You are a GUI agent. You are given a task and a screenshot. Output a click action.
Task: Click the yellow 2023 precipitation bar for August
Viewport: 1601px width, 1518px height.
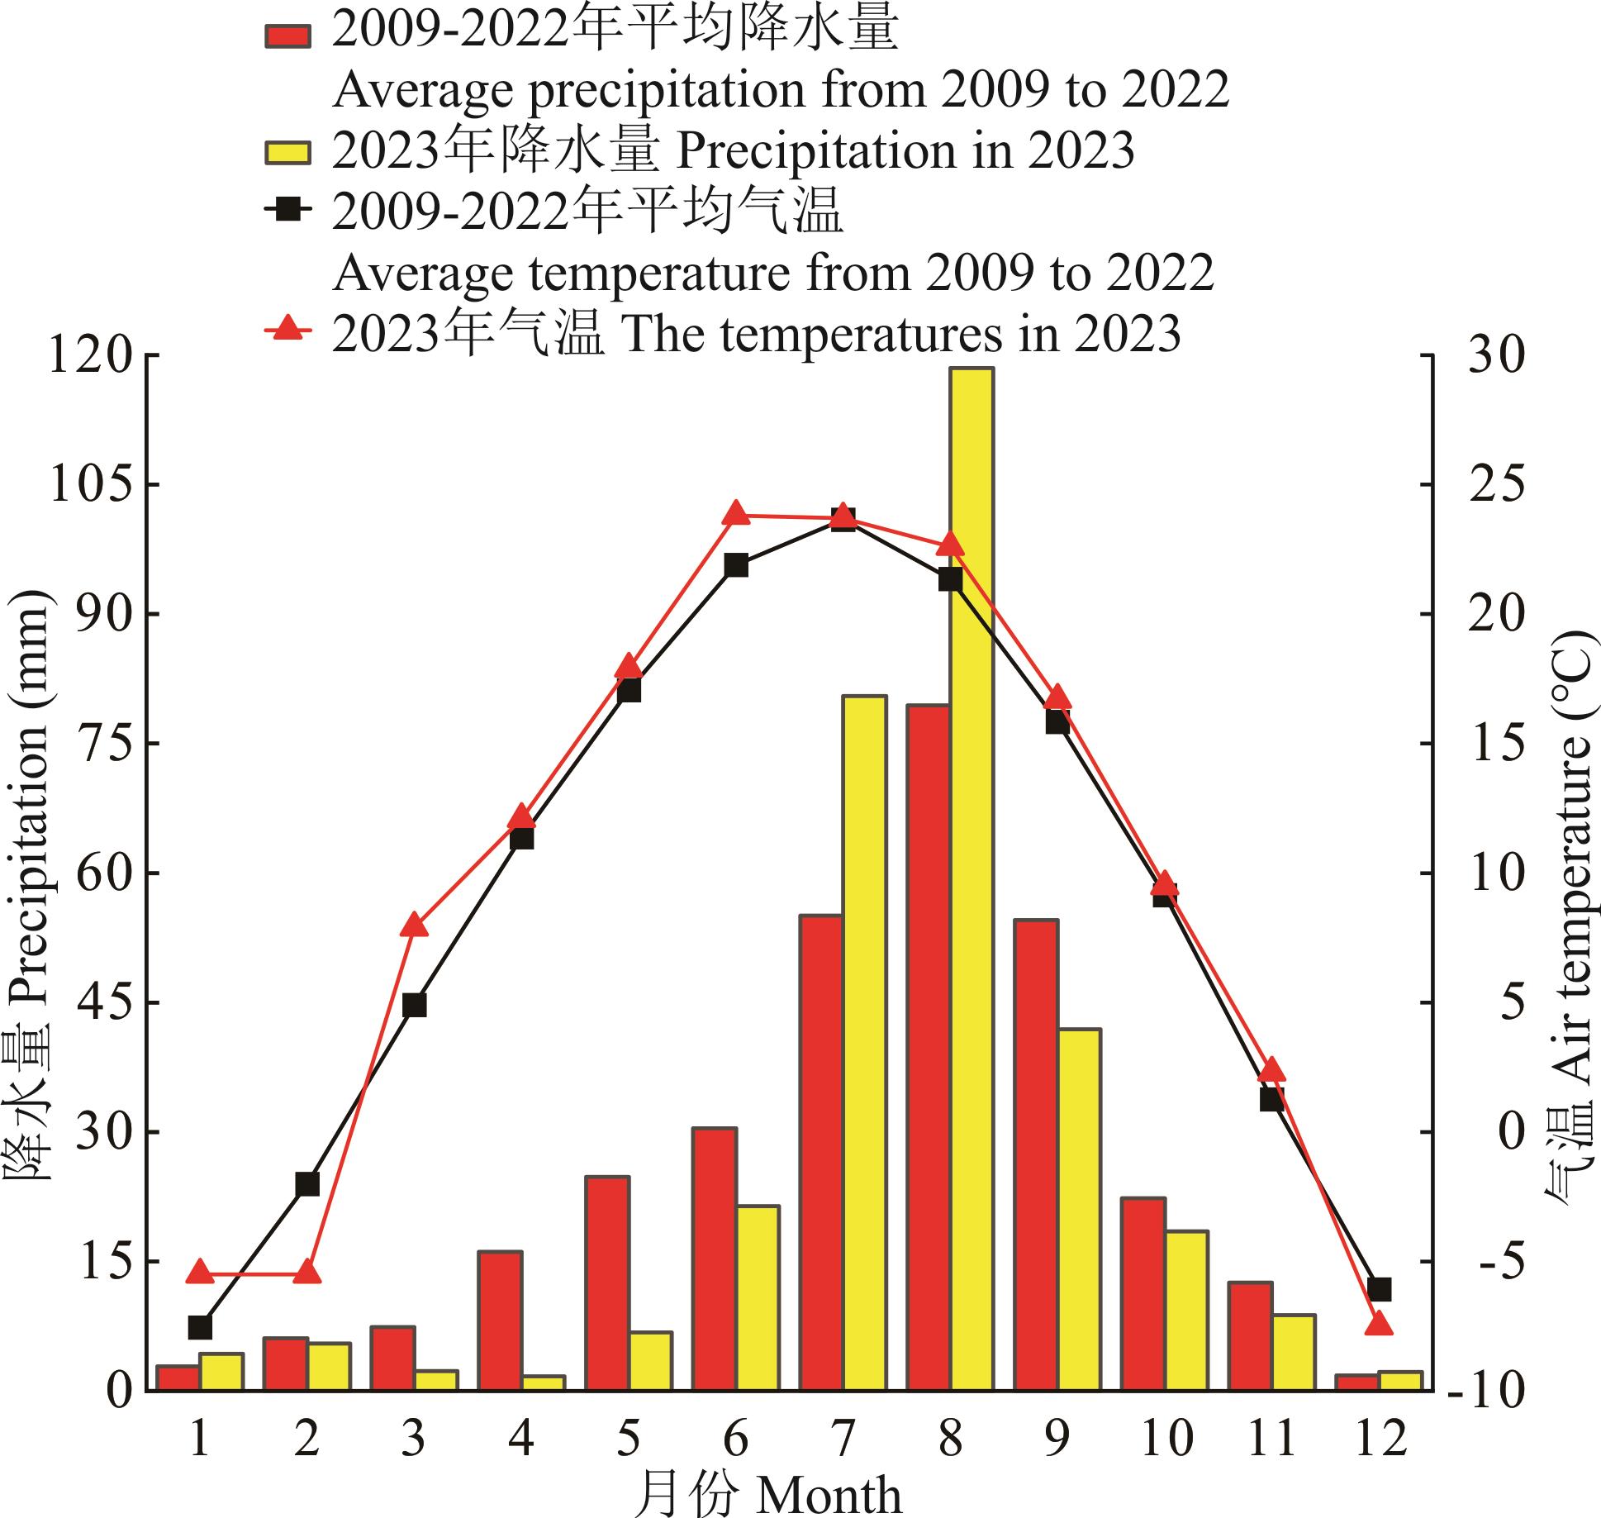pos(972,879)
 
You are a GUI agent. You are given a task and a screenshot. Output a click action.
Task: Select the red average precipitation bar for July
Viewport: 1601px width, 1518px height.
pos(821,1153)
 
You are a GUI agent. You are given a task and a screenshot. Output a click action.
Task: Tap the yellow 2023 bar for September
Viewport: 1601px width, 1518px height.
pos(1079,1210)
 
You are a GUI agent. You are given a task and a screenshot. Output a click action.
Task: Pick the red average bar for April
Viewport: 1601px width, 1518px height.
pos(500,1321)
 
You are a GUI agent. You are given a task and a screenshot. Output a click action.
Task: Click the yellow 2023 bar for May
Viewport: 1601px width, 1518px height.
pos(651,1361)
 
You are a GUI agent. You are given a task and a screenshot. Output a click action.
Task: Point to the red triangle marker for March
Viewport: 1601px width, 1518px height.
pos(414,925)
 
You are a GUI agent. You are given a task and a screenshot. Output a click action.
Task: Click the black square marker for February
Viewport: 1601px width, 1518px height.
pos(306,1183)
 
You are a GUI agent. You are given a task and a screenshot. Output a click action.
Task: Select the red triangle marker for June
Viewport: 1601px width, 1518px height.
pos(736,513)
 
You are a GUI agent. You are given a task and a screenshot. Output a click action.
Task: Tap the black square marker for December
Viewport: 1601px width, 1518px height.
pos(1379,1288)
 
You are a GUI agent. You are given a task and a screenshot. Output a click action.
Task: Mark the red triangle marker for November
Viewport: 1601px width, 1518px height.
pos(1271,1068)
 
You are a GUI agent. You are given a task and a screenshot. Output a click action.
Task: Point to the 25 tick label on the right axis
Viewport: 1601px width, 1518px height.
pos(1496,485)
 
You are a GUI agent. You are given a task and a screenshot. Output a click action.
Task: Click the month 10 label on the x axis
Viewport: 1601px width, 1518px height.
pos(1165,1439)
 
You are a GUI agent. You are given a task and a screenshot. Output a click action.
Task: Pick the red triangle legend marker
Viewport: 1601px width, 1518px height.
pos(287,329)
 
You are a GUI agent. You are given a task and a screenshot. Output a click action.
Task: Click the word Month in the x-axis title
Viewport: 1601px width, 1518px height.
pos(829,1495)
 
